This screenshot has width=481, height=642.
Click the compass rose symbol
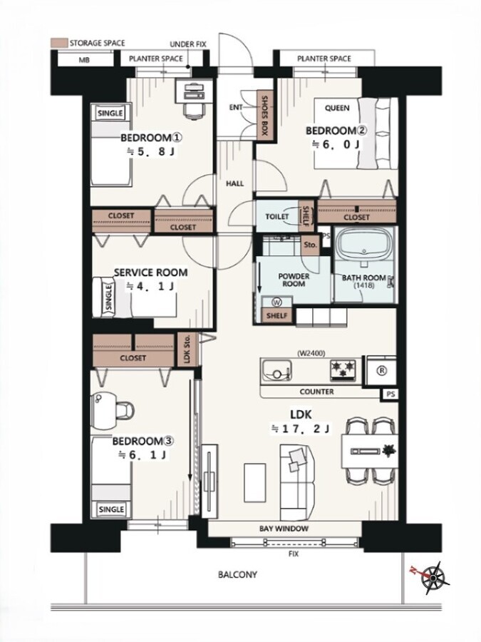[433, 577]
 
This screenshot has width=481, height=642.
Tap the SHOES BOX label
[264, 116]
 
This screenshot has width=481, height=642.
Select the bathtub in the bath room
[364, 245]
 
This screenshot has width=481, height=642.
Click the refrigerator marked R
[381, 370]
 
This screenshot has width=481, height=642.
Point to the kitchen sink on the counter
[276, 370]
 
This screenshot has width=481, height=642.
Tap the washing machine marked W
[277, 302]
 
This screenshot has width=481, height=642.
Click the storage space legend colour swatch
[59, 43]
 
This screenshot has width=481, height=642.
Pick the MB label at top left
[84, 60]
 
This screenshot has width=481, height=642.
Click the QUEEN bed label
[337, 108]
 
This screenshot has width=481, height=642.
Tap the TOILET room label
[277, 217]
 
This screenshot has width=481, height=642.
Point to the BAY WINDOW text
[284, 529]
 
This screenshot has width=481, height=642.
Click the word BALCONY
[237, 574]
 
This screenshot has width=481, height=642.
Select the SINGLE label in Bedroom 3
[111, 509]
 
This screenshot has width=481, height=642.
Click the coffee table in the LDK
[255, 482]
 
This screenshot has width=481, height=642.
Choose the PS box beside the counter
[391, 394]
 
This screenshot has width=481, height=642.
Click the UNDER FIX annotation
[188, 44]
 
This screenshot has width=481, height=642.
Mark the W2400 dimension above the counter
[311, 353]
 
